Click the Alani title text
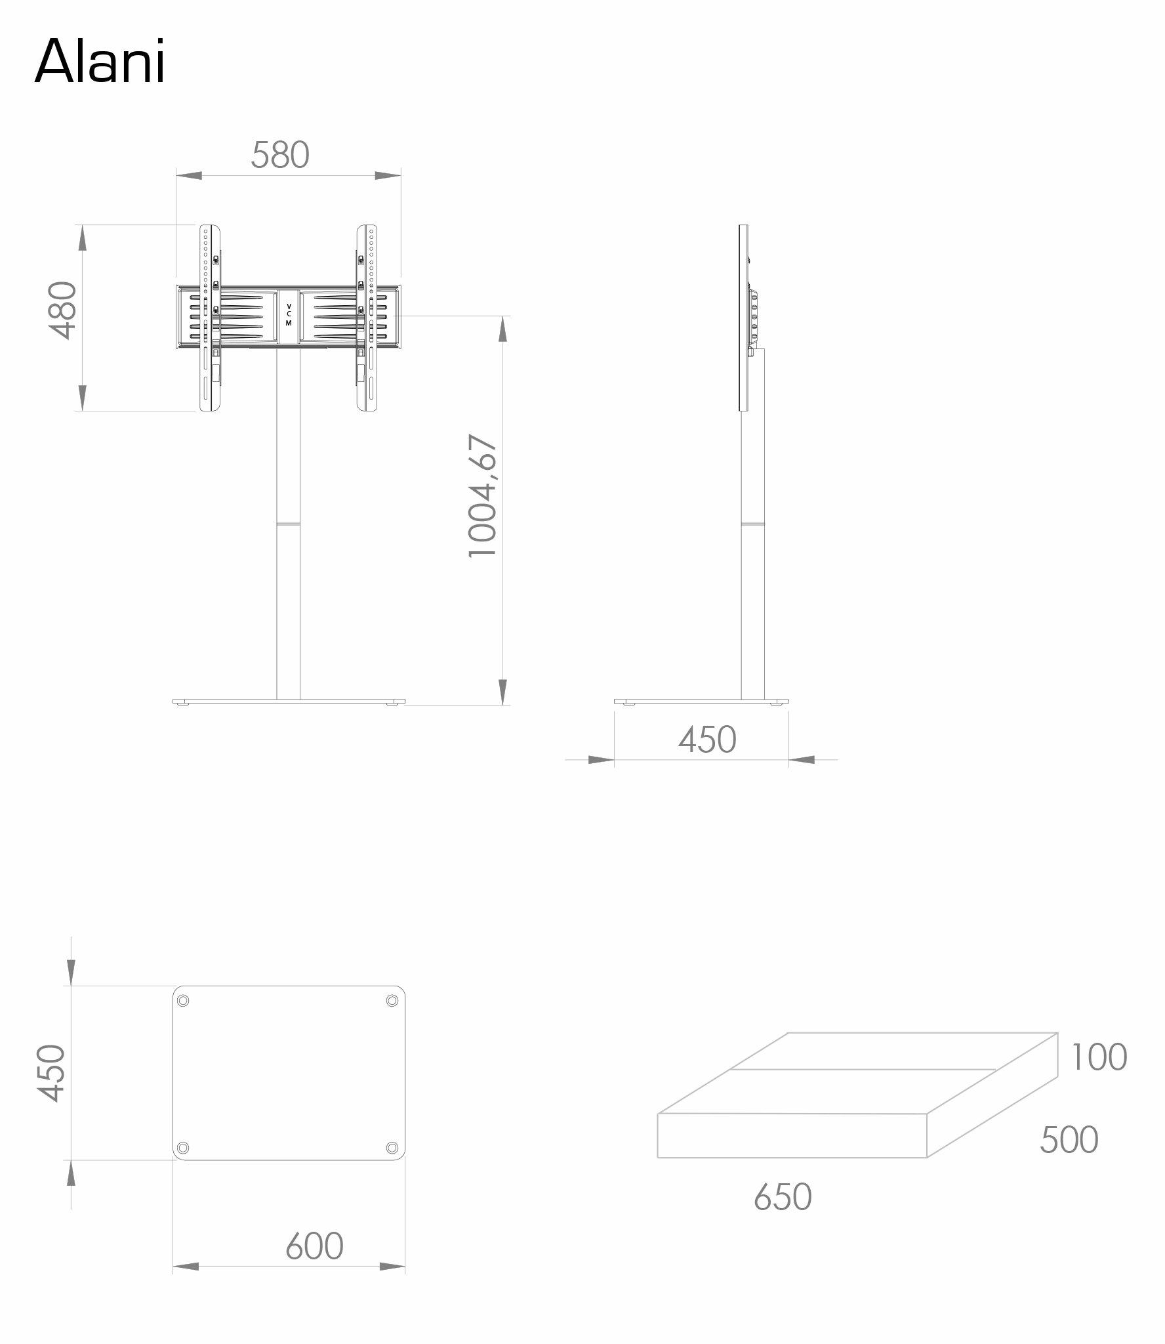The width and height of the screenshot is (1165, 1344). [x=100, y=62]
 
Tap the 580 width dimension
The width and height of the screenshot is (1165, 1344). [x=280, y=156]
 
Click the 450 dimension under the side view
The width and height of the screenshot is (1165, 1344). [x=707, y=740]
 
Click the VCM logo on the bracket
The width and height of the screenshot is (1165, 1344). [x=289, y=315]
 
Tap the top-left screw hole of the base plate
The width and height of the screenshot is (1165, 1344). [x=183, y=1019]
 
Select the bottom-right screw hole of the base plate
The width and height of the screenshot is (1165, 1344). [x=392, y=1147]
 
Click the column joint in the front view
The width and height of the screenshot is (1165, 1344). [x=289, y=524]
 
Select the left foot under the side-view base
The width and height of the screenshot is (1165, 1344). [x=630, y=704]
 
